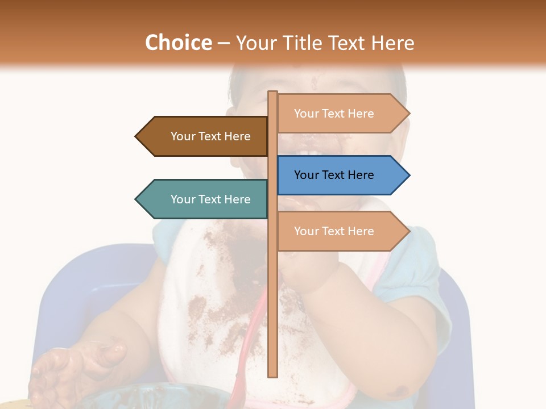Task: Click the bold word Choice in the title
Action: coord(178,43)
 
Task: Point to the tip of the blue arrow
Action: coord(408,175)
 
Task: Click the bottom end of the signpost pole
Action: coord(273,375)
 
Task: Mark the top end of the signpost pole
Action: coord(273,93)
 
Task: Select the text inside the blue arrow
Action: coord(334,175)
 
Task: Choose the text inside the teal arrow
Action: coord(210,199)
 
